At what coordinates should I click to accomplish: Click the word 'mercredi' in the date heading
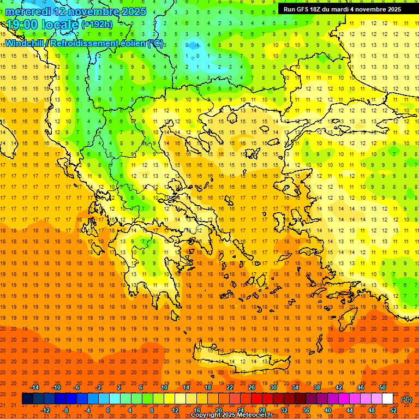click(x=28, y=11)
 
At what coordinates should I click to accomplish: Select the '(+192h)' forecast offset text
click(x=97, y=25)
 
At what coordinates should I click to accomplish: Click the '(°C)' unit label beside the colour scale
click(x=406, y=399)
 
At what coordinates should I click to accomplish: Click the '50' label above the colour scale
click(x=382, y=387)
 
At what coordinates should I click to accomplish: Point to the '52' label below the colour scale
click(x=393, y=410)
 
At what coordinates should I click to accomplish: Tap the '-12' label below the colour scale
click(x=45, y=410)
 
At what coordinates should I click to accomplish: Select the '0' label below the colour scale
click(x=108, y=410)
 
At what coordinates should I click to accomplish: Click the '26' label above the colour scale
click(x=252, y=387)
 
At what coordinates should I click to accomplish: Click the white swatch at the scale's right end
click(x=387, y=399)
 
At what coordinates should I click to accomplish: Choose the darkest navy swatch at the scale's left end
click(x=27, y=399)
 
